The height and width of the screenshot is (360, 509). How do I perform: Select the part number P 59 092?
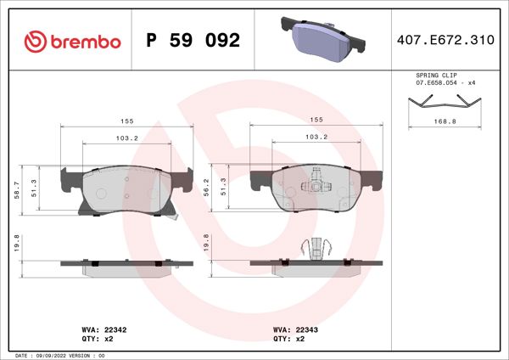[x=193, y=41]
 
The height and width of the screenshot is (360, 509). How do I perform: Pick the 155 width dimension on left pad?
[x=126, y=121]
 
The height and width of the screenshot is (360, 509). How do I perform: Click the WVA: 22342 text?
[x=103, y=328]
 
